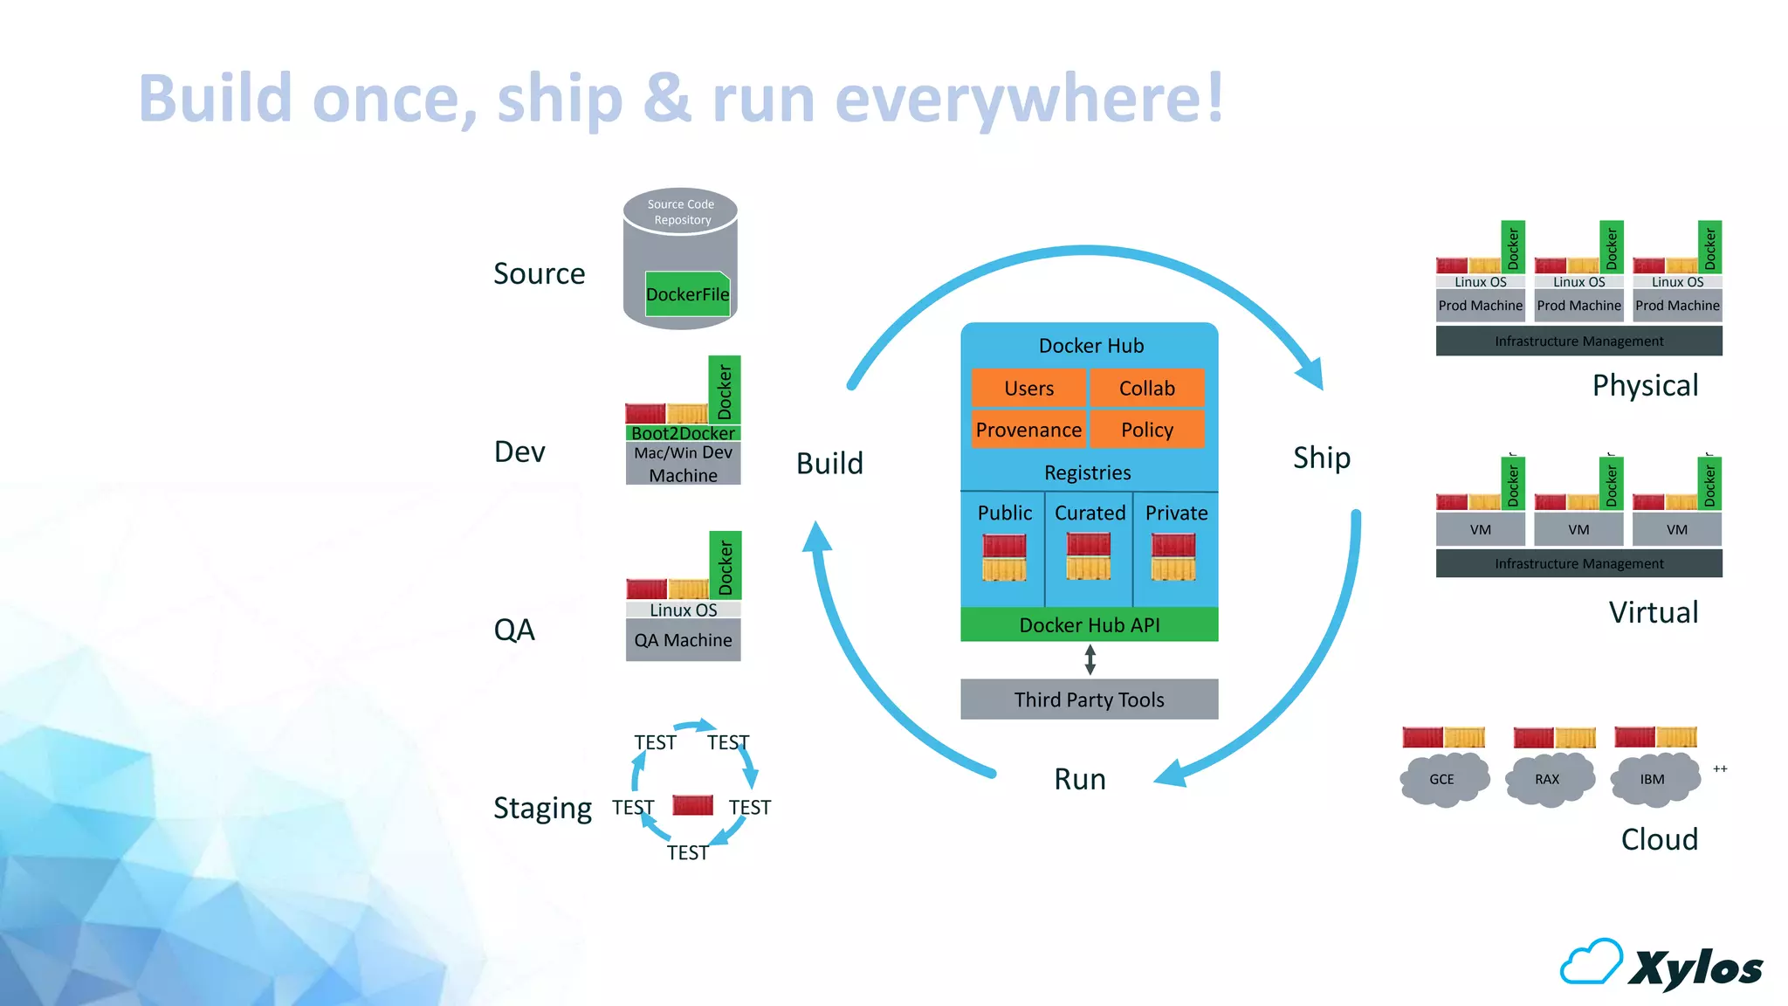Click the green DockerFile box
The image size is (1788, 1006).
point(687,294)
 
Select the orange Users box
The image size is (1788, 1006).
point(1028,389)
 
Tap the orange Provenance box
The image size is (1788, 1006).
point(1028,430)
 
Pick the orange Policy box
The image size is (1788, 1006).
point(1147,430)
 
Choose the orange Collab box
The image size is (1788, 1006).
point(1147,389)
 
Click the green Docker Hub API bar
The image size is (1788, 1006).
point(1089,625)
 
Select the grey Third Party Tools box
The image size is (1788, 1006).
point(1089,699)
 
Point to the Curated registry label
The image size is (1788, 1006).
point(1090,513)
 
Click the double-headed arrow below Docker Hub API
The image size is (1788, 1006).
point(1090,659)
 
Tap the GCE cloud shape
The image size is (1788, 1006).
point(1443,779)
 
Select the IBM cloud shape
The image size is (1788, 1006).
point(1653,779)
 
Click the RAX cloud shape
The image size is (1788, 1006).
point(1548,779)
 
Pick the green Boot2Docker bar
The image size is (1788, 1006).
point(683,433)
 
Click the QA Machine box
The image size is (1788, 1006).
point(683,640)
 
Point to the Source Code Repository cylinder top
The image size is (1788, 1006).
point(680,212)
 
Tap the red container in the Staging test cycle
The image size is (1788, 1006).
point(693,805)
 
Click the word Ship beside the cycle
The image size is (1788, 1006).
point(1321,458)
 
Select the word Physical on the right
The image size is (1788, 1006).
point(1645,385)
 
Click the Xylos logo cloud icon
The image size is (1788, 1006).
point(1592,962)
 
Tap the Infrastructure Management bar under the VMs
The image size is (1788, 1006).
point(1578,563)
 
